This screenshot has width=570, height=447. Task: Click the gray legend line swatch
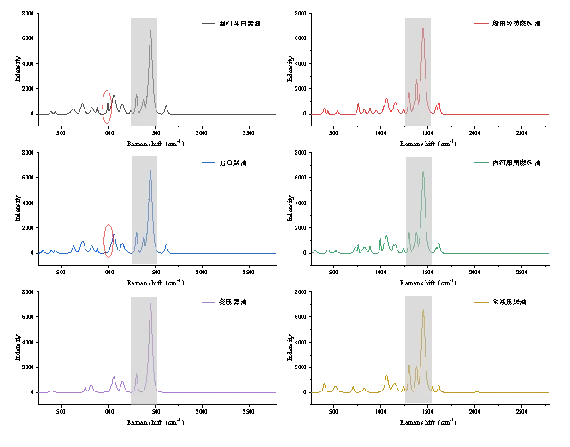coord(209,24)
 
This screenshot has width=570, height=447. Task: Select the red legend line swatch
coord(481,24)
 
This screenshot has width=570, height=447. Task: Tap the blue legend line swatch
coord(209,161)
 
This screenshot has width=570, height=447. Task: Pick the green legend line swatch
coord(481,161)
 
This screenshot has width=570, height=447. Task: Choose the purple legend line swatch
coord(209,304)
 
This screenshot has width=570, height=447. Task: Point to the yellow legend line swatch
coord(481,303)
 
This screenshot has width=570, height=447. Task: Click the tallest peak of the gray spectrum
coord(150,32)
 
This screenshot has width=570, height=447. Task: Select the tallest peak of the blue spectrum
coord(150,170)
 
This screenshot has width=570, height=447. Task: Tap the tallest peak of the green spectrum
coord(423,174)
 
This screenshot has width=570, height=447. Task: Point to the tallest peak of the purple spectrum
coord(150,303)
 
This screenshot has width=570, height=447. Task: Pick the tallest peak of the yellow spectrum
coord(423,311)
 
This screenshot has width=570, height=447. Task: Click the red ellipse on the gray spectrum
coord(108,106)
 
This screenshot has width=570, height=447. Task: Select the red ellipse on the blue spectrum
coord(109,238)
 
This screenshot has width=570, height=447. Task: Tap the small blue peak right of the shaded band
coord(167,245)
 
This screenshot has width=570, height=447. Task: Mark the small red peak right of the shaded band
coord(438,107)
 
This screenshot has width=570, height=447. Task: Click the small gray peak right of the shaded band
coord(167,106)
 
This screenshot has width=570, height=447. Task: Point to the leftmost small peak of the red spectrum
coord(326,109)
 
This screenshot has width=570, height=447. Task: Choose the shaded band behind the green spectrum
coord(420,209)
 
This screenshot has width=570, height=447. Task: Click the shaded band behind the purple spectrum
coord(144,350)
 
